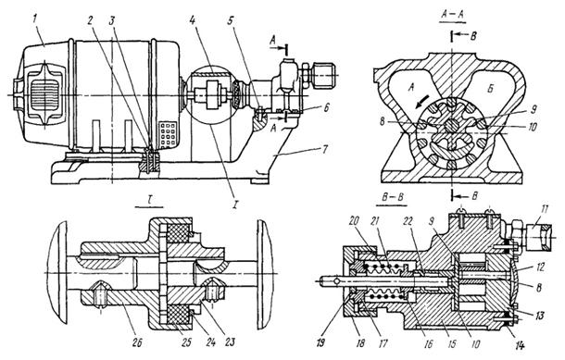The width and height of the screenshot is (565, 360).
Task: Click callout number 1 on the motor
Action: tap(35, 19)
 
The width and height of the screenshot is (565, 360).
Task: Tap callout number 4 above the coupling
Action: tap(193, 19)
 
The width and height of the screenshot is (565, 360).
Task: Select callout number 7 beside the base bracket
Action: tap(325, 149)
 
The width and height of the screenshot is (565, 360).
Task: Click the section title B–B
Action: tap(392, 198)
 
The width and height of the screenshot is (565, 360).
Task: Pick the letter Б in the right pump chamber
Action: tap(490, 89)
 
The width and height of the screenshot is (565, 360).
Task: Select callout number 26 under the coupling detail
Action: tap(138, 342)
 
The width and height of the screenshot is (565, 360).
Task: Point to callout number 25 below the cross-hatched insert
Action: tap(186, 342)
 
